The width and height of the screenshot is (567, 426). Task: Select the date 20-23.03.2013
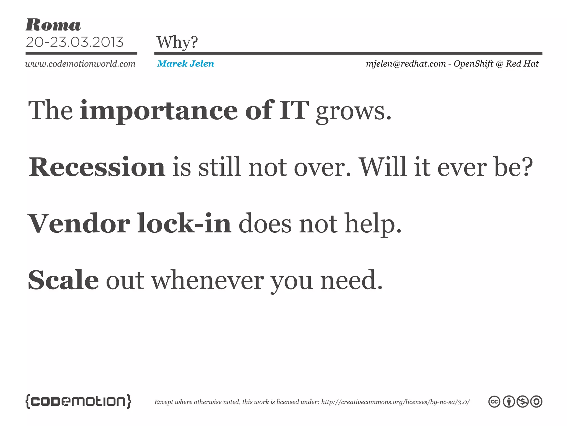(x=74, y=42)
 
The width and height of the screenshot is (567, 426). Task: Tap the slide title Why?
(x=177, y=42)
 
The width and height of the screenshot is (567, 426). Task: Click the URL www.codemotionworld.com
(x=80, y=64)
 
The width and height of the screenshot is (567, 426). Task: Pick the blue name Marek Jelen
(x=185, y=64)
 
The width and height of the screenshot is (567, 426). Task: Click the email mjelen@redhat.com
(x=406, y=64)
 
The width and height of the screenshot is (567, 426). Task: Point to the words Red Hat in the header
(x=522, y=64)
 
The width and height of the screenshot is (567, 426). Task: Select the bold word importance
(x=159, y=111)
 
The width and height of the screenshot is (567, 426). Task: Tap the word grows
(x=354, y=112)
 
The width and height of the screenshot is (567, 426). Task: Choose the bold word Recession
(x=97, y=167)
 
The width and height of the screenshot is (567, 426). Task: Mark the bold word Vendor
(x=79, y=224)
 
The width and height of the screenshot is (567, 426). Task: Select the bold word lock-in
(x=184, y=224)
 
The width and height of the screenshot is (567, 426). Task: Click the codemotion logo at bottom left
(x=78, y=401)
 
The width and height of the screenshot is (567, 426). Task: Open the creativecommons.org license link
(x=395, y=402)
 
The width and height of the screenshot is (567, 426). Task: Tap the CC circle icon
(x=494, y=402)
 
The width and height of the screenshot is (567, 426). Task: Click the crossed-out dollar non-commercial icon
(x=522, y=402)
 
